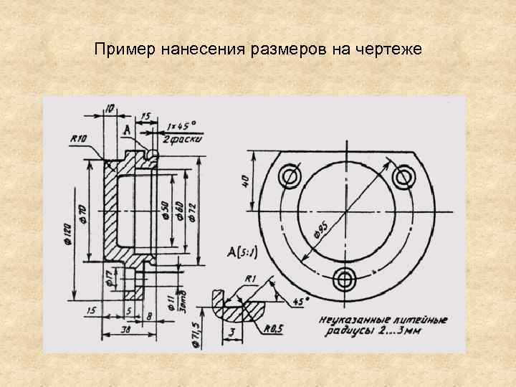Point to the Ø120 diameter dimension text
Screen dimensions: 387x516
[66, 233]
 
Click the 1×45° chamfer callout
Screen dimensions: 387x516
[182, 124]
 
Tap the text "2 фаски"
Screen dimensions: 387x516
[183, 138]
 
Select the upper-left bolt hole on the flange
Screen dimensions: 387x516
[291, 176]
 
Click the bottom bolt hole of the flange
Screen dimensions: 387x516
[345, 278]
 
